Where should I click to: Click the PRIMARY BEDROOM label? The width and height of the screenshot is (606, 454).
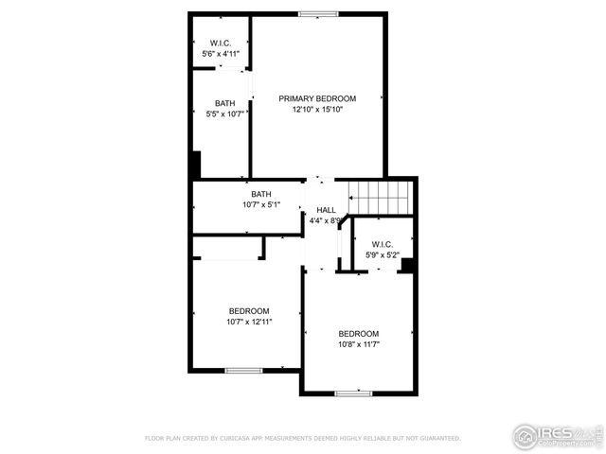pyautogui.click(x=317, y=98)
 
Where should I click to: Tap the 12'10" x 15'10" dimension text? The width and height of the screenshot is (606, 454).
pyautogui.click(x=317, y=110)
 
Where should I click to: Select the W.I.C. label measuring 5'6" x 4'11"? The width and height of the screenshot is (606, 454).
pyautogui.click(x=220, y=44)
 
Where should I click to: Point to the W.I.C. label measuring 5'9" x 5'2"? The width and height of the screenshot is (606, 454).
pyautogui.click(x=383, y=243)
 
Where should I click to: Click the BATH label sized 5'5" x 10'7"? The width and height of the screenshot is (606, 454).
pyautogui.click(x=225, y=103)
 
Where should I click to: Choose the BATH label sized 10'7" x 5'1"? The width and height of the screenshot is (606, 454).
pyautogui.click(x=261, y=194)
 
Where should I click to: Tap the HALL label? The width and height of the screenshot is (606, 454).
pyautogui.click(x=326, y=210)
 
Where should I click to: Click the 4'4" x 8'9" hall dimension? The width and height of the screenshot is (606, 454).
pyautogui.click(x=325, y=221)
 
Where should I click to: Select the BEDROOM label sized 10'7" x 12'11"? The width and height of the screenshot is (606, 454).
pyautogui.click(x=249, y=311)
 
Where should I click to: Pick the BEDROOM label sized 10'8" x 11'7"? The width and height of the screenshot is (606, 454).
pyautogui.click(x=359, y=334)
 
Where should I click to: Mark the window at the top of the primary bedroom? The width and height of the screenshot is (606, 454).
pyautogui.click(x=318, y=13)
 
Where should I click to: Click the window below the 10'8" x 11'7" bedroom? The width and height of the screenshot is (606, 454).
pyautogui.click(x=351, y=393)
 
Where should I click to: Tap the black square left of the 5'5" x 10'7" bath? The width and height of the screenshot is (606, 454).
pyautogui.click(x=196, y=165)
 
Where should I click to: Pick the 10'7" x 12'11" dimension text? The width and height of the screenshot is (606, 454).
pyautogui.click(x=249, y=322)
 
